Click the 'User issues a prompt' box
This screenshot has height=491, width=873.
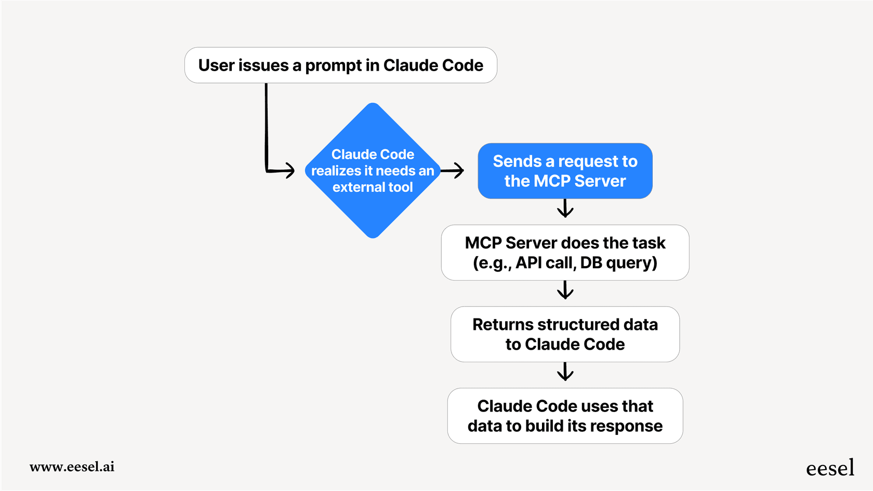click(x=340, y=65)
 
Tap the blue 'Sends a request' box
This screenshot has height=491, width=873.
click(x=565, y=171)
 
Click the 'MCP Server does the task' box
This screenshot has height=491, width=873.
click(x=565, y=253)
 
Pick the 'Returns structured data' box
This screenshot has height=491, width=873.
click(x=565, y=334)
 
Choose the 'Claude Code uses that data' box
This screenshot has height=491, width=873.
click(x=565, y=416)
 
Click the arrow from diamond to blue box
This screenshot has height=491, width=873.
click(x=453, y=170)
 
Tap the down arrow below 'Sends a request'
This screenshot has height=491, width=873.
click(x=565, y=209)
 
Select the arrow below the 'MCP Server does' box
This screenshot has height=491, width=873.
click(x=565, y=290)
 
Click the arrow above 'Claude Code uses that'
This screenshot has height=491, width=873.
click(x=565, y=372)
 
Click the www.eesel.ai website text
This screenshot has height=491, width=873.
click(x=72, y=467)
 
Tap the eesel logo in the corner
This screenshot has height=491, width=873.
click(x=830, y=468)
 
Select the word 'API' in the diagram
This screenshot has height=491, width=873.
click(x=529, y=263)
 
